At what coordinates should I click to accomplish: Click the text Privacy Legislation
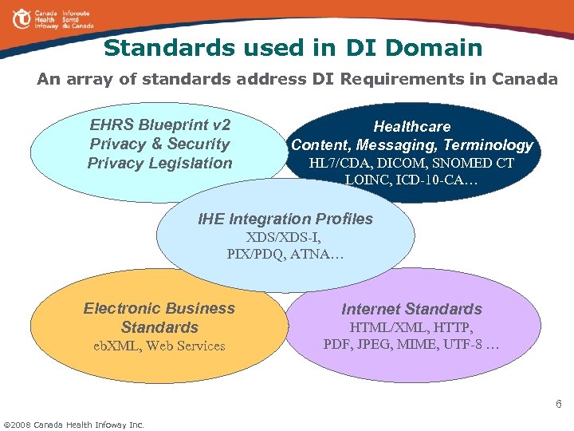[x=159, y=164]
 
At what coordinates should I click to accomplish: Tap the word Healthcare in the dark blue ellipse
[x=412, y=126]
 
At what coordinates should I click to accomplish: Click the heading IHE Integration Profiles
[x=285, y=219]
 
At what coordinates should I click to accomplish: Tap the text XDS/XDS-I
[x=284, y=238]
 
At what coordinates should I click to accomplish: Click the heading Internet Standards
[x=411, y=309]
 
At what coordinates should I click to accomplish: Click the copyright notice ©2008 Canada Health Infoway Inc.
[x=74, y=423]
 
